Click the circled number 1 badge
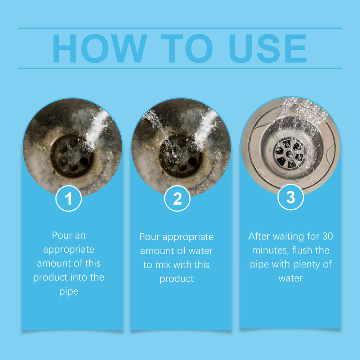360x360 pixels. [x=69, y=198]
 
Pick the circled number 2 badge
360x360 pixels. [x=177, y=198]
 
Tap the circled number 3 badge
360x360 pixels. [x=291, y=197]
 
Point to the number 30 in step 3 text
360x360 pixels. [x=327, y=237]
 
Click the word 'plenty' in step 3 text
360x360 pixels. [x=308, y=264]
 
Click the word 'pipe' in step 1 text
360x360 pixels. [x=69, y=292]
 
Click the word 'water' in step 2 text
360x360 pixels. [x=201, y=251]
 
